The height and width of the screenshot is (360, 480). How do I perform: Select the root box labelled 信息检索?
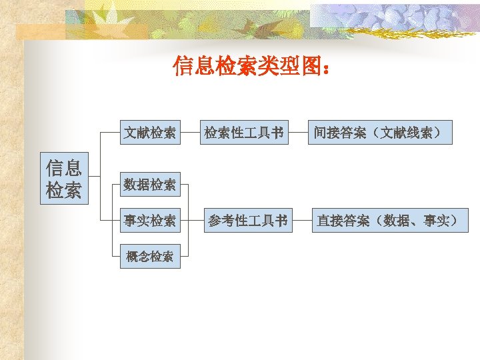64,179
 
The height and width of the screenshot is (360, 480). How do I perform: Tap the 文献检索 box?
150,133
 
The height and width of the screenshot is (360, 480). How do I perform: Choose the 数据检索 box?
150,185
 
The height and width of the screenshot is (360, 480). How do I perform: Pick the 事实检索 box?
150,221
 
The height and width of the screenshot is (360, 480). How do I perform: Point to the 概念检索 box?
150,256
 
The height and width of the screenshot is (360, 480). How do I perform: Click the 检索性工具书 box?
244,133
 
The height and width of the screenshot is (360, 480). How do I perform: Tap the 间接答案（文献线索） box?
379,133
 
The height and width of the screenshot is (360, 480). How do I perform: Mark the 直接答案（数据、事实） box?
390,221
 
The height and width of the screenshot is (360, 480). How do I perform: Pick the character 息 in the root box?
73,167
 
